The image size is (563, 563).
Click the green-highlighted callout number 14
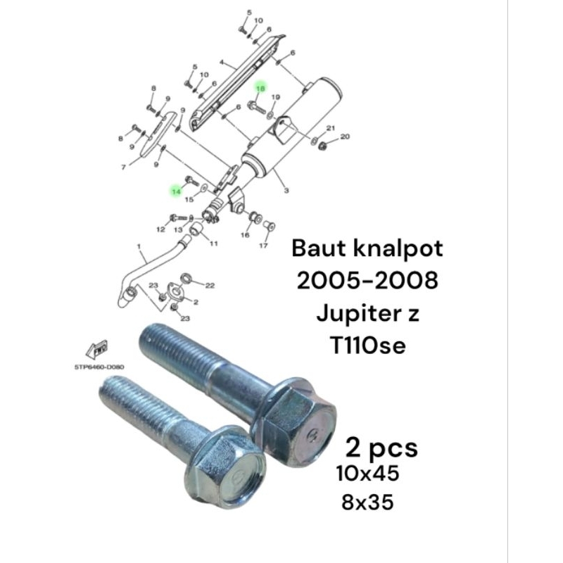[x=176, y=191]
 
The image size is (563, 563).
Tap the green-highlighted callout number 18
[x=260, y=87]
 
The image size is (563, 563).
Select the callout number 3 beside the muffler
[x=286, y=190]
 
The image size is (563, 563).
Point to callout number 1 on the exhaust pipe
[x=139, y=246]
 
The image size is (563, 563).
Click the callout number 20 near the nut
[x=345, y=137]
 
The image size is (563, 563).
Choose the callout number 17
[x=263, y=245]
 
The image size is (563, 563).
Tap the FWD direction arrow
[x=97, y=349]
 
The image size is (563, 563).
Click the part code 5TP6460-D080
[x=99, y=367]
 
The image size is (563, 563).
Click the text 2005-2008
[x=367, y=280]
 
